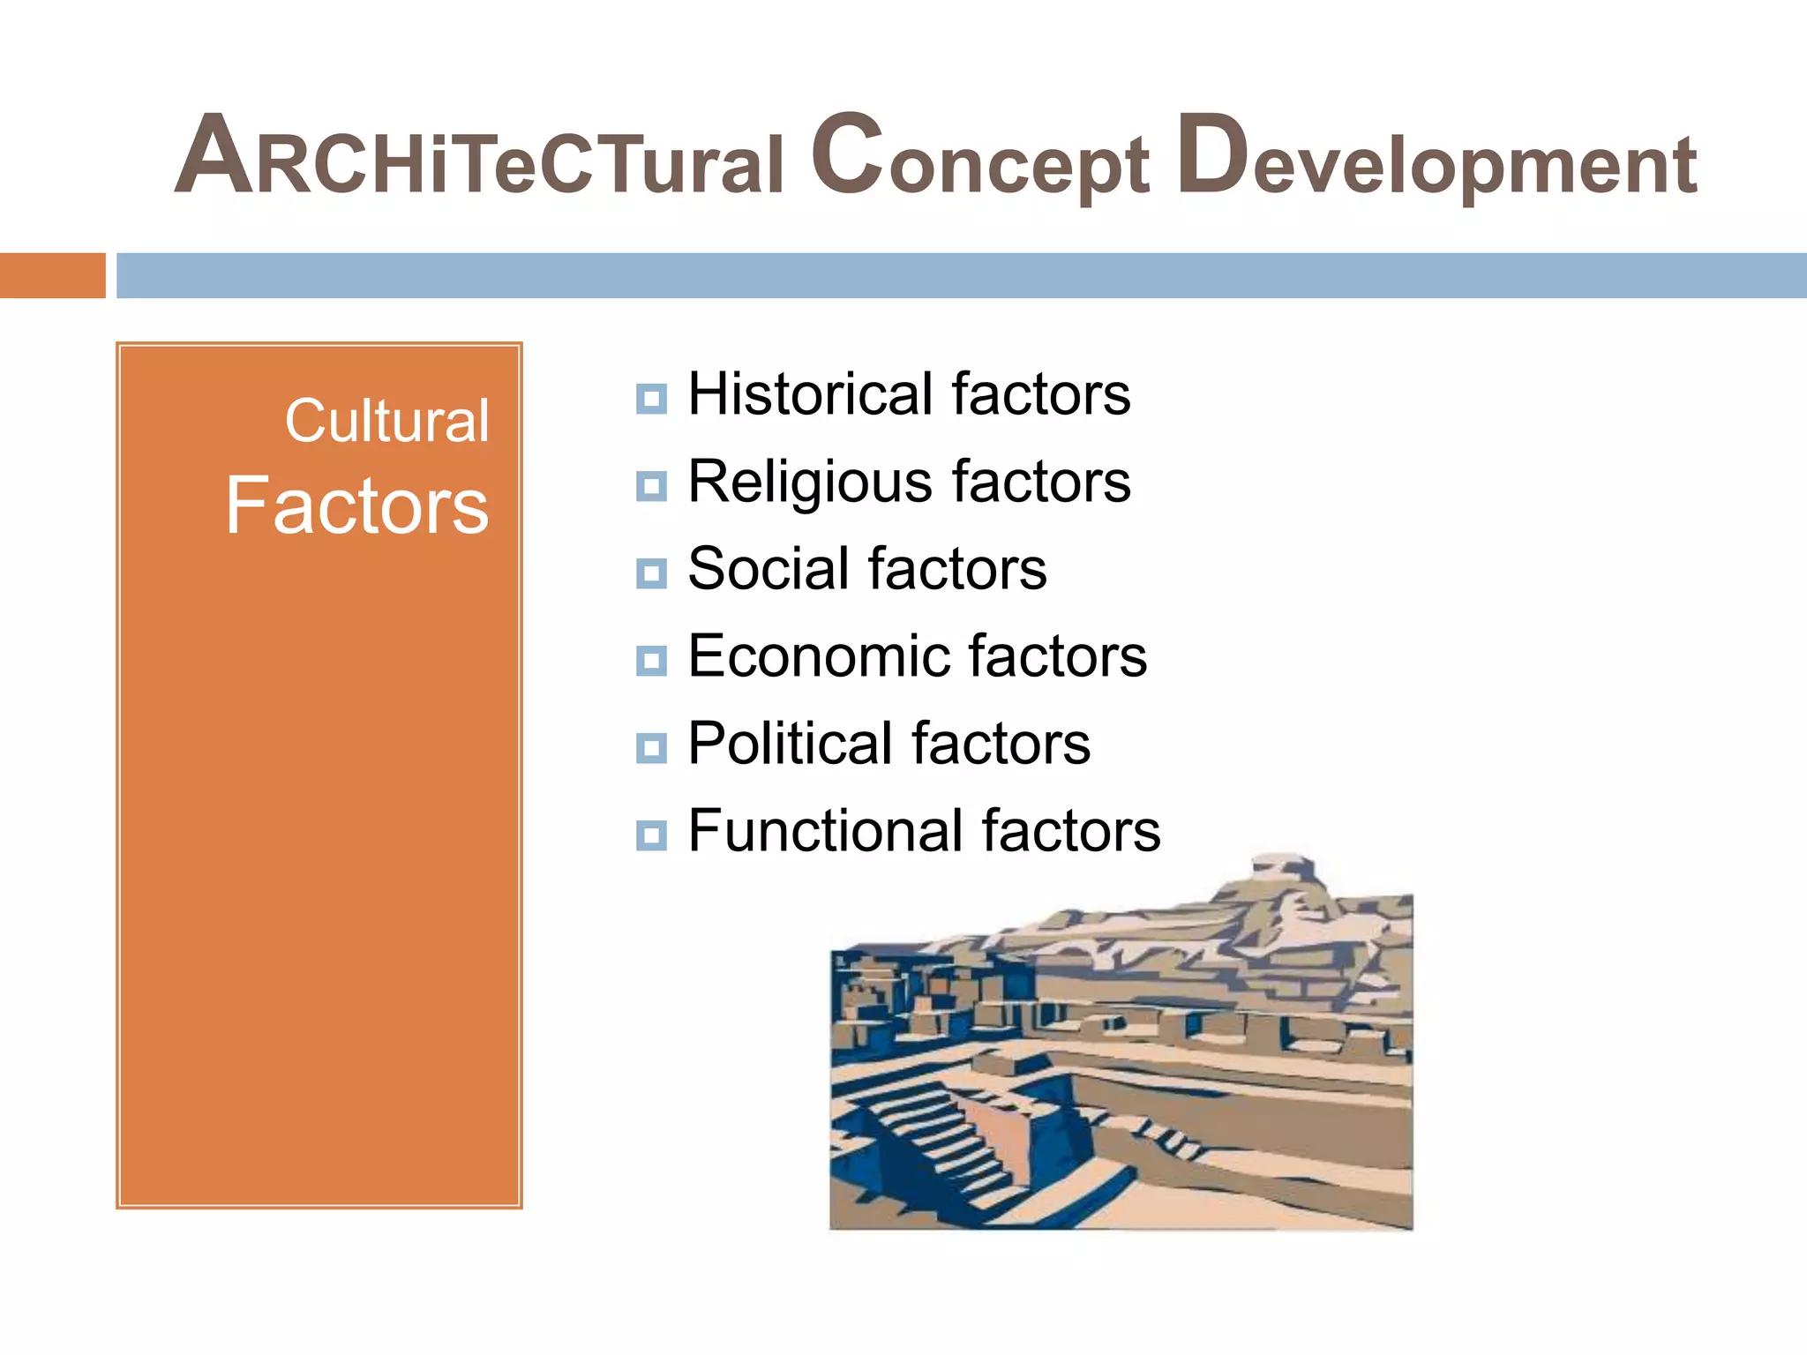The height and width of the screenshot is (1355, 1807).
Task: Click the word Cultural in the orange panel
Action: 386,421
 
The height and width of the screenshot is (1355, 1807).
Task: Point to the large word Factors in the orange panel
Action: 357,505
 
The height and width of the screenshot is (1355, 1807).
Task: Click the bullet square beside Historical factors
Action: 651,399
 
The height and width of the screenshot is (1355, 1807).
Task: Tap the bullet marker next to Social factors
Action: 651,573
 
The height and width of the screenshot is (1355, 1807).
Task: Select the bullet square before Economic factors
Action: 651,661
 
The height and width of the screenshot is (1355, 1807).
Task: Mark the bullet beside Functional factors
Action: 651,835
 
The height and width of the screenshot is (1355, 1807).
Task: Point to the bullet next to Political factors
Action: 651,748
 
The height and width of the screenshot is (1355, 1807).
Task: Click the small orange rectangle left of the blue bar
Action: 52,275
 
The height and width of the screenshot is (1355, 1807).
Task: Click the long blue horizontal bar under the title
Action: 961,275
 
